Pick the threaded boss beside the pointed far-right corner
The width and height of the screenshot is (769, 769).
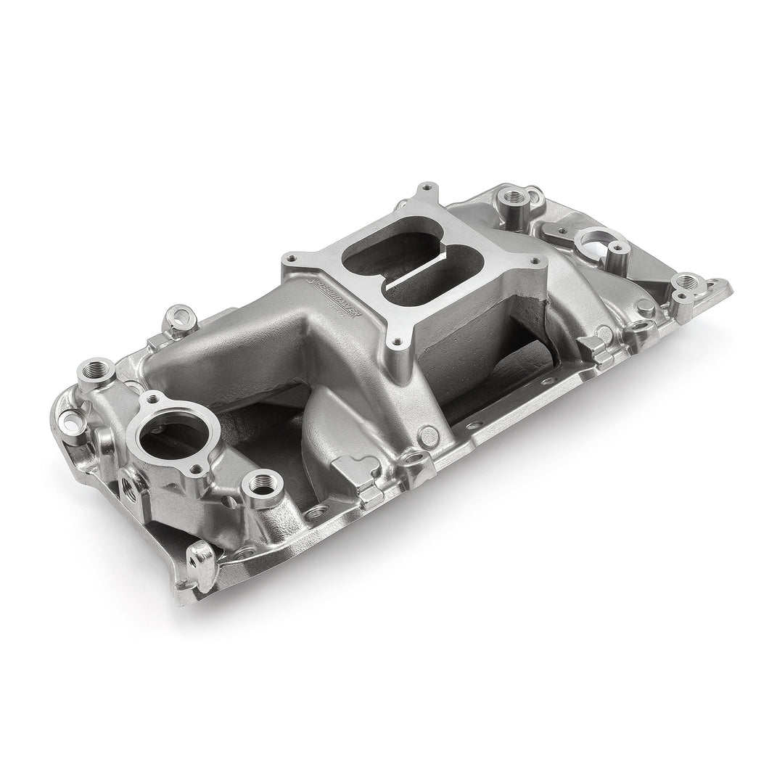click(x=684, y=284)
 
